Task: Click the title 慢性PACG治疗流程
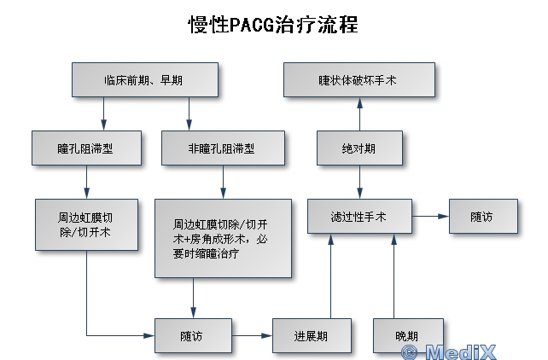coord(272,24)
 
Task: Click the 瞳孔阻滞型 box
coord(86,148)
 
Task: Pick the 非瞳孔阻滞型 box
coord(222,148)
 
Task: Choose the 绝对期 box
coord(358,148)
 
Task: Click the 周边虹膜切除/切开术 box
coord(86,224)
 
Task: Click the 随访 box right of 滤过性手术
coord(482,217)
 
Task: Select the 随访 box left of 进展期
coord(193,335)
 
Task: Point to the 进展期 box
coord(312,335)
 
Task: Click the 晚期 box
coord(408,335)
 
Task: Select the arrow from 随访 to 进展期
coord(252,335)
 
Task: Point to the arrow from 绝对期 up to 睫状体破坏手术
coord(359,113)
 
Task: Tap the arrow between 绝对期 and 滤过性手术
coord(359,181)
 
